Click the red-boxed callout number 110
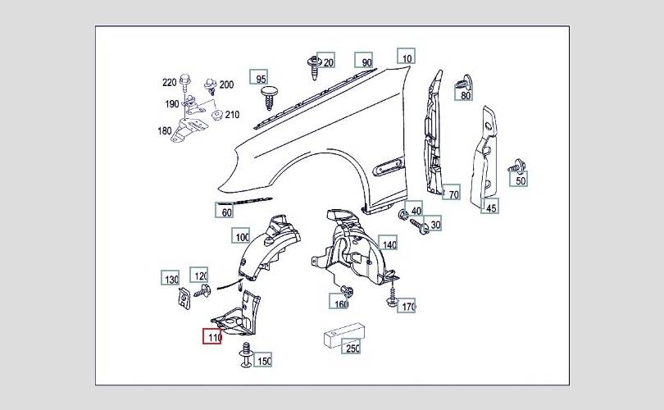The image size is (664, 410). pyautogui.click(x=212, y=337)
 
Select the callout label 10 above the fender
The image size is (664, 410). pyautogui.click(x=406, y=56)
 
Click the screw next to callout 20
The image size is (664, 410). pyautogui.click(x=313, y=67)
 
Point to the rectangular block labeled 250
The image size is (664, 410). pyautogui.click(x=343, y=335)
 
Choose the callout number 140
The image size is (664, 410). pyautogui.click(x=388, y=243)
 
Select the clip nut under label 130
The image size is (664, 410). pyautogui.click(x=184, y=298)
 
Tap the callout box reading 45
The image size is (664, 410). pyautogui.click(x=490, y=206)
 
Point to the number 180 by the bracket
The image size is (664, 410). pyautogui.click(x=165, y=131)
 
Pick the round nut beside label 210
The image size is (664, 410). pyautogui.click(x=217, y=115)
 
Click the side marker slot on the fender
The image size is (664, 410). pyautogui.click(x=389, y=166)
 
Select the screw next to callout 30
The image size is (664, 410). pyautogui.click(x=419, y=225)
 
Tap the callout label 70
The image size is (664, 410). pyautogui.click(x=453, y=193)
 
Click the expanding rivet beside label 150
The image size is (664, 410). pyautogui.click(x=246, y=355)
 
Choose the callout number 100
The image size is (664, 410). pyautogui.click(x=241, y=235)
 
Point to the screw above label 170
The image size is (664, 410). pyautogui.click(x=392, y=297)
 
